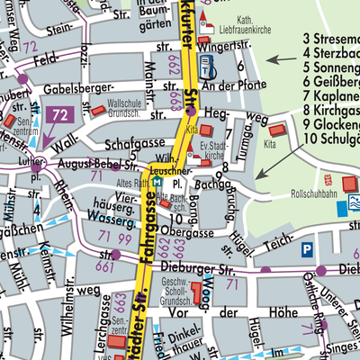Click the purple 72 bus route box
tap(61, 114)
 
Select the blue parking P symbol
tap(308, 249)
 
